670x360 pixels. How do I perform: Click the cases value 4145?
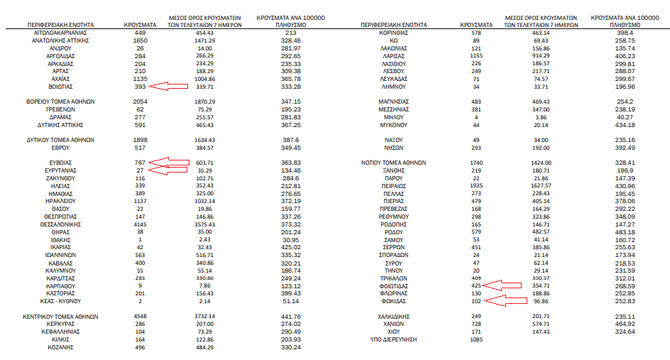140,224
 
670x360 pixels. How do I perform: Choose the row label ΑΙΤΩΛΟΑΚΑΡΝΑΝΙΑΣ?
60,33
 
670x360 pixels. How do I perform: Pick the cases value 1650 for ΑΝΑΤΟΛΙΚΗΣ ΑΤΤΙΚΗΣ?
140,41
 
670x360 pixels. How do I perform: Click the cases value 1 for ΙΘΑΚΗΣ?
140,239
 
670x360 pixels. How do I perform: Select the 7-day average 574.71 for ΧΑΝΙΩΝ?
520,324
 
